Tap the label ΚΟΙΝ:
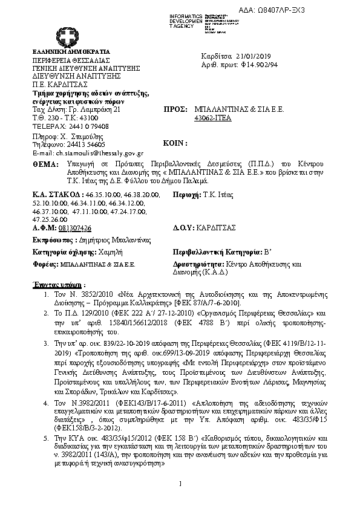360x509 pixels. [x=176, y=144]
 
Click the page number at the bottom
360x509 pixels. [x=180, y=484]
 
